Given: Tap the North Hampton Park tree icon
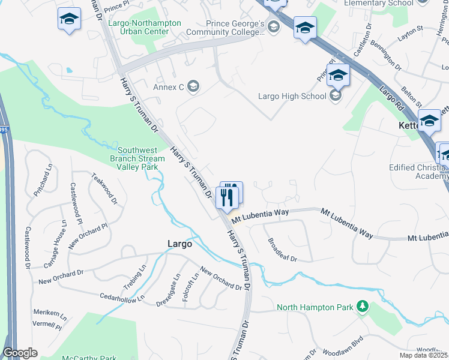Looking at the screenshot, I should click(x=362, y=307).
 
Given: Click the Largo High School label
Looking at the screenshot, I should click(x=292, y=96).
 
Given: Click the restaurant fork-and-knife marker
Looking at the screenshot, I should click(x=226, y=197).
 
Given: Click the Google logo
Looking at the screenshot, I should click(x=20, y=353).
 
